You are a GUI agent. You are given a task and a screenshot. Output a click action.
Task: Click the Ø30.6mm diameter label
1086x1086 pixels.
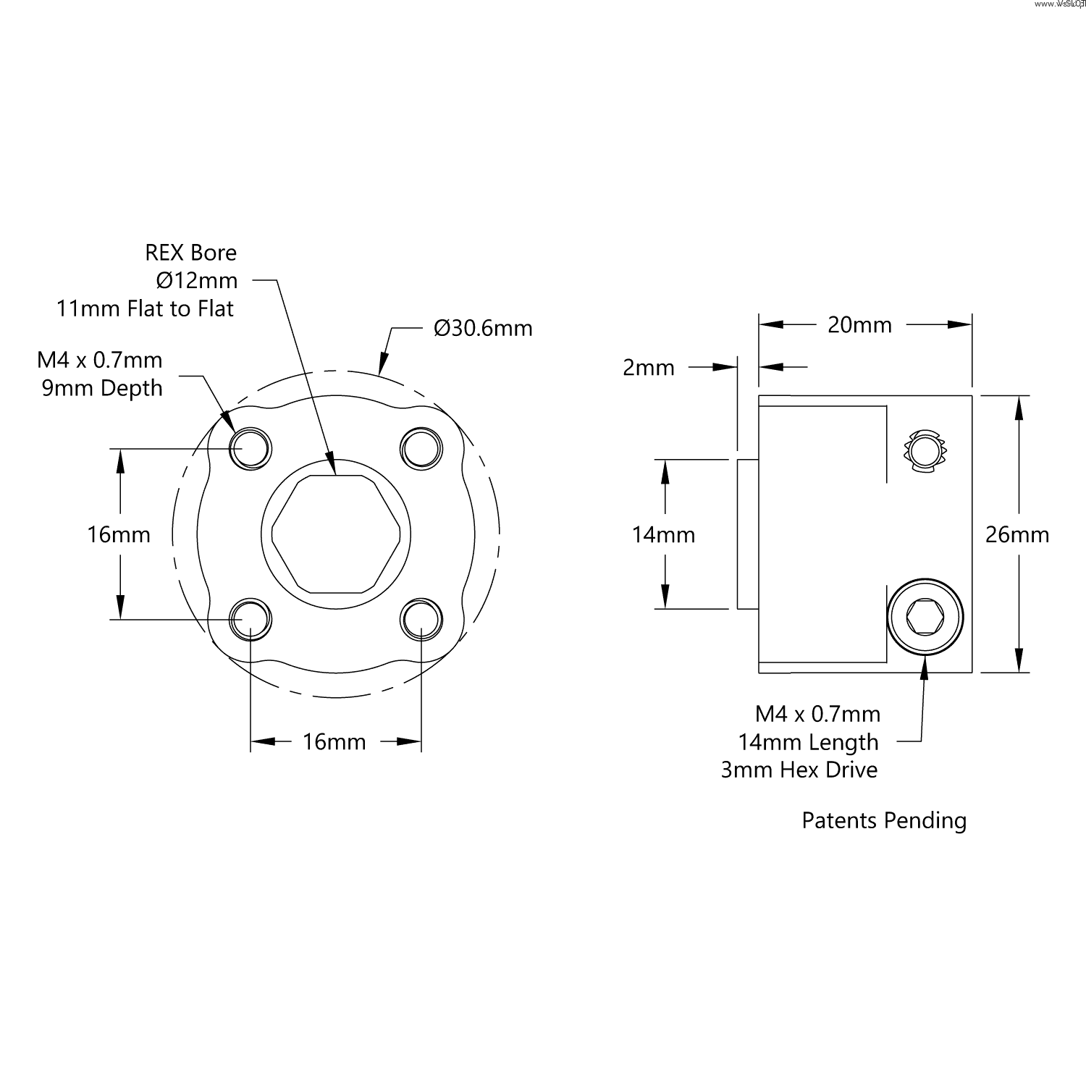[483, 329]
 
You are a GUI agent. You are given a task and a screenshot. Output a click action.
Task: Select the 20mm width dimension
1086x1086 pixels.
[859, 325]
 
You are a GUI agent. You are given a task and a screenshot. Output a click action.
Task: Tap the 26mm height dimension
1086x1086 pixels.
[1016, 535]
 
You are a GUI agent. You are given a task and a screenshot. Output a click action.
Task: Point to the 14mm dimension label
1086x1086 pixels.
[663, 535]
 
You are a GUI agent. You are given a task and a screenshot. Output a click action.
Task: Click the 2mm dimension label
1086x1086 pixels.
[649, 368]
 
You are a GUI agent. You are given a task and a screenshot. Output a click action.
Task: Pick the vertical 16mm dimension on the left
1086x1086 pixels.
[119, 535]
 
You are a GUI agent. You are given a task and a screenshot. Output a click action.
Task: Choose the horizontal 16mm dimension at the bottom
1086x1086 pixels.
[334, 742]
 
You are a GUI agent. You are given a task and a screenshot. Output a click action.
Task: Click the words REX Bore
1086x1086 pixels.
[191, 253]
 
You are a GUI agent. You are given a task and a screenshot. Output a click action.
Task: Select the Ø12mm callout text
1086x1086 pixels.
[196, 280]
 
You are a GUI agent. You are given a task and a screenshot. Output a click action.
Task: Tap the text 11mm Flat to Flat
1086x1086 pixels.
[146, 309]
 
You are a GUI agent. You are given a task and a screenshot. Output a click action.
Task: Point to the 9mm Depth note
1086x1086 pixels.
[102, 388]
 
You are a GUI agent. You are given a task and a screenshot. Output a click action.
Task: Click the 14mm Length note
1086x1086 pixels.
[808, 742]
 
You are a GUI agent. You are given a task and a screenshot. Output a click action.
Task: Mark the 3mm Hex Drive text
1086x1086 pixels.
[799, 770]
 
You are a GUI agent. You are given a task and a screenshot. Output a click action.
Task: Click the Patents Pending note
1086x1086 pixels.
[884, 820]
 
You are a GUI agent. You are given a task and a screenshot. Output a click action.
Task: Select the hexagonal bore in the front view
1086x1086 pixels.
[336, 534]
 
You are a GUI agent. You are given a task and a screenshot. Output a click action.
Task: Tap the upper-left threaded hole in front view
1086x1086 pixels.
[251, 448]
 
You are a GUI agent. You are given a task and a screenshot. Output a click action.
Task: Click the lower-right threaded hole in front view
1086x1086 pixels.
[421, 619]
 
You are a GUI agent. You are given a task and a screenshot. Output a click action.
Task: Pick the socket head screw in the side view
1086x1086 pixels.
[926, 618]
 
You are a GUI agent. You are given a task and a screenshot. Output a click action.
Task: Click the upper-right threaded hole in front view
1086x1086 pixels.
[421, 448]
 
